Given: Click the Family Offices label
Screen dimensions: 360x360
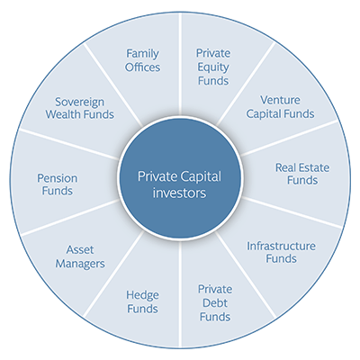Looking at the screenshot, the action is tap(142, 60).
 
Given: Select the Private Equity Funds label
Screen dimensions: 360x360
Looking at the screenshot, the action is tap(213, 67).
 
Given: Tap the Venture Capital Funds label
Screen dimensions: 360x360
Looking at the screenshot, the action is tap(280, 107).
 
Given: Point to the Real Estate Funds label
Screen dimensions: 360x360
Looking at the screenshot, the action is tap(302, 174).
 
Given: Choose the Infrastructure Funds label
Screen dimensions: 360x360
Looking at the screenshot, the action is tap(281, 252).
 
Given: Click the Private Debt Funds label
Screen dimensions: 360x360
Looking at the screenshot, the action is tap(215, 303).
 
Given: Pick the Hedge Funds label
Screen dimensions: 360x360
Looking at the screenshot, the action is tap(142, 301).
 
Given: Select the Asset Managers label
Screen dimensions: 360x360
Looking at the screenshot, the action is tap(80, 256).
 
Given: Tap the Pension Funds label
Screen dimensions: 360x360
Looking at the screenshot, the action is tap(58, 184).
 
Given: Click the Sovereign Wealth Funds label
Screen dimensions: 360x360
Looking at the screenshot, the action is tap(80, 108).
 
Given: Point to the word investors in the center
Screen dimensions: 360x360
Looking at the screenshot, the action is tap(179, 193).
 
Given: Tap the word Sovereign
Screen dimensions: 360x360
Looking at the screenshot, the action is tap(80, 103).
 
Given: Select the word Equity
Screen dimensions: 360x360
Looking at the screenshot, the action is tap(213, 67).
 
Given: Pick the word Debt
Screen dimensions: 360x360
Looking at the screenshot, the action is tap(215, 303).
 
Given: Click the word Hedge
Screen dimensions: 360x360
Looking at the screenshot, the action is tap(142, 295).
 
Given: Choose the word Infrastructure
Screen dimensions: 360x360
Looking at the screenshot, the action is tap(281, 246).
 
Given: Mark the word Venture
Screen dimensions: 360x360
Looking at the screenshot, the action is tap(280, 100).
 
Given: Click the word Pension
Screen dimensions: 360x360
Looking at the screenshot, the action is tap(58, 178).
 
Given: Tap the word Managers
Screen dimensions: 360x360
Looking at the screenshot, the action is tap(80, 264).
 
